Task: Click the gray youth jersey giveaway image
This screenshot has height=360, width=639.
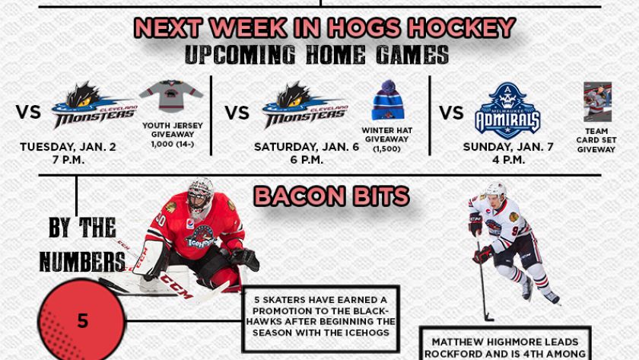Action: point(171,96)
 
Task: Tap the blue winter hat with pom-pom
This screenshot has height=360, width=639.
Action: point(387,100)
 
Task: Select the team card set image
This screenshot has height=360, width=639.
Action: point(597,102)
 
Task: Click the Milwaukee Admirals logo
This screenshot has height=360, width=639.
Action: point(507,111)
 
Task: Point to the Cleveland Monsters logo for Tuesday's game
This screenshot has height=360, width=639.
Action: point(94,105)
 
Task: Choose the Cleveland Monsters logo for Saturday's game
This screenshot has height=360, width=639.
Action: point(305,105)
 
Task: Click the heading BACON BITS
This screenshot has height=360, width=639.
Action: point(332,196)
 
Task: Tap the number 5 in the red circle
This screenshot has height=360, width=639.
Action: point(83,321)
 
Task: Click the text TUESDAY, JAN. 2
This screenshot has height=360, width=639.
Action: point(68,147)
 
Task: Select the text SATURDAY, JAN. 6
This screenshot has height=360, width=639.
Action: point(307,147)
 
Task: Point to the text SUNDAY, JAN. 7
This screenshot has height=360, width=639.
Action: point(508,147)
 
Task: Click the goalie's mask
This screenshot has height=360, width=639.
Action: point(200,197)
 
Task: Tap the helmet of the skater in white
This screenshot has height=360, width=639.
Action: point(495,190)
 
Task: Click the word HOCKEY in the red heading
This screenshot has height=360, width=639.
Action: point(463,27)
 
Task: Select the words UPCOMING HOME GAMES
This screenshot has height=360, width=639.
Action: point(316,55)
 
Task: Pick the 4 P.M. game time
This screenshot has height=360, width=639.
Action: point(508,159)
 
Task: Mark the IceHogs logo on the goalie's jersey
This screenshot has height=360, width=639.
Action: point(200,237)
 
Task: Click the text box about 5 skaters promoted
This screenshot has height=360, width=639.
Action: point(321,319)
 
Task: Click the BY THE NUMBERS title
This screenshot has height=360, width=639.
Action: point(82,244)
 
